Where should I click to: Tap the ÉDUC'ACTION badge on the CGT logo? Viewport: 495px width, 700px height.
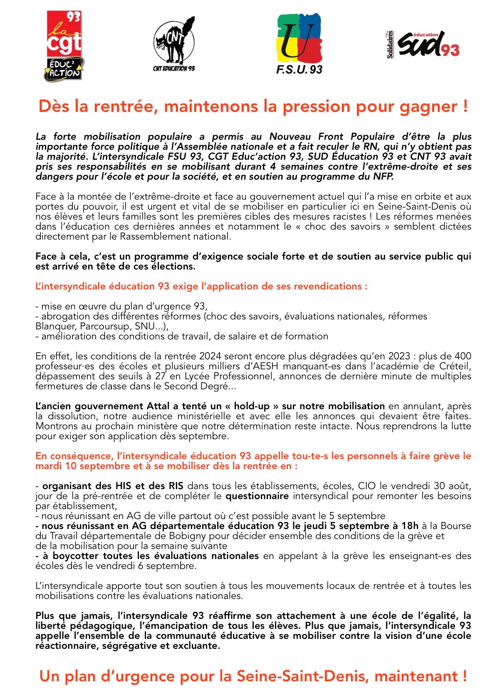pyautogui.click(x=64, y=69)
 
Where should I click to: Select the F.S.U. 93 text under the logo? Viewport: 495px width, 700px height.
pyautogui.click(x=299, y=69)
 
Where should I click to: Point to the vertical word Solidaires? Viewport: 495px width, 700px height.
pyautogui.click(x=390, y=45)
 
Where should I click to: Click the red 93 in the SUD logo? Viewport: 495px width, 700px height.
pyautogui.click(x=450, y=50)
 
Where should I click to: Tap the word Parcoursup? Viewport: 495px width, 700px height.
pyautogui.click(x=103, y=326)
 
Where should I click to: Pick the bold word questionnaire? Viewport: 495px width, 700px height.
pyautogui.click(x=257, y=496)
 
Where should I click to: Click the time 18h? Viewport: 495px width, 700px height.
pyautogui.click(x=410, y=526)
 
